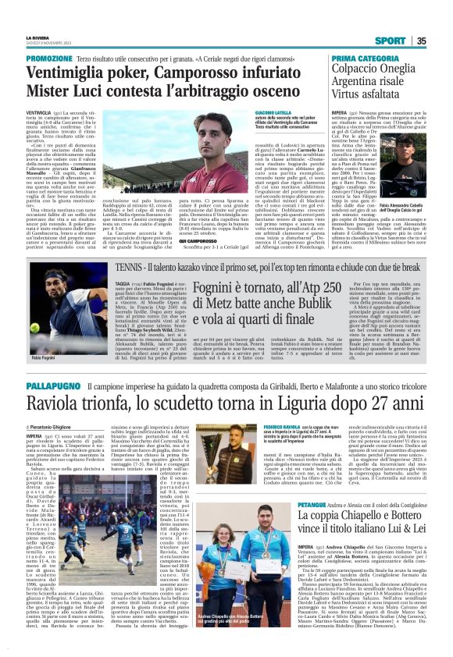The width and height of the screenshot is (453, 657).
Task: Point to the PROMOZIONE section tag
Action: coord(49,59)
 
